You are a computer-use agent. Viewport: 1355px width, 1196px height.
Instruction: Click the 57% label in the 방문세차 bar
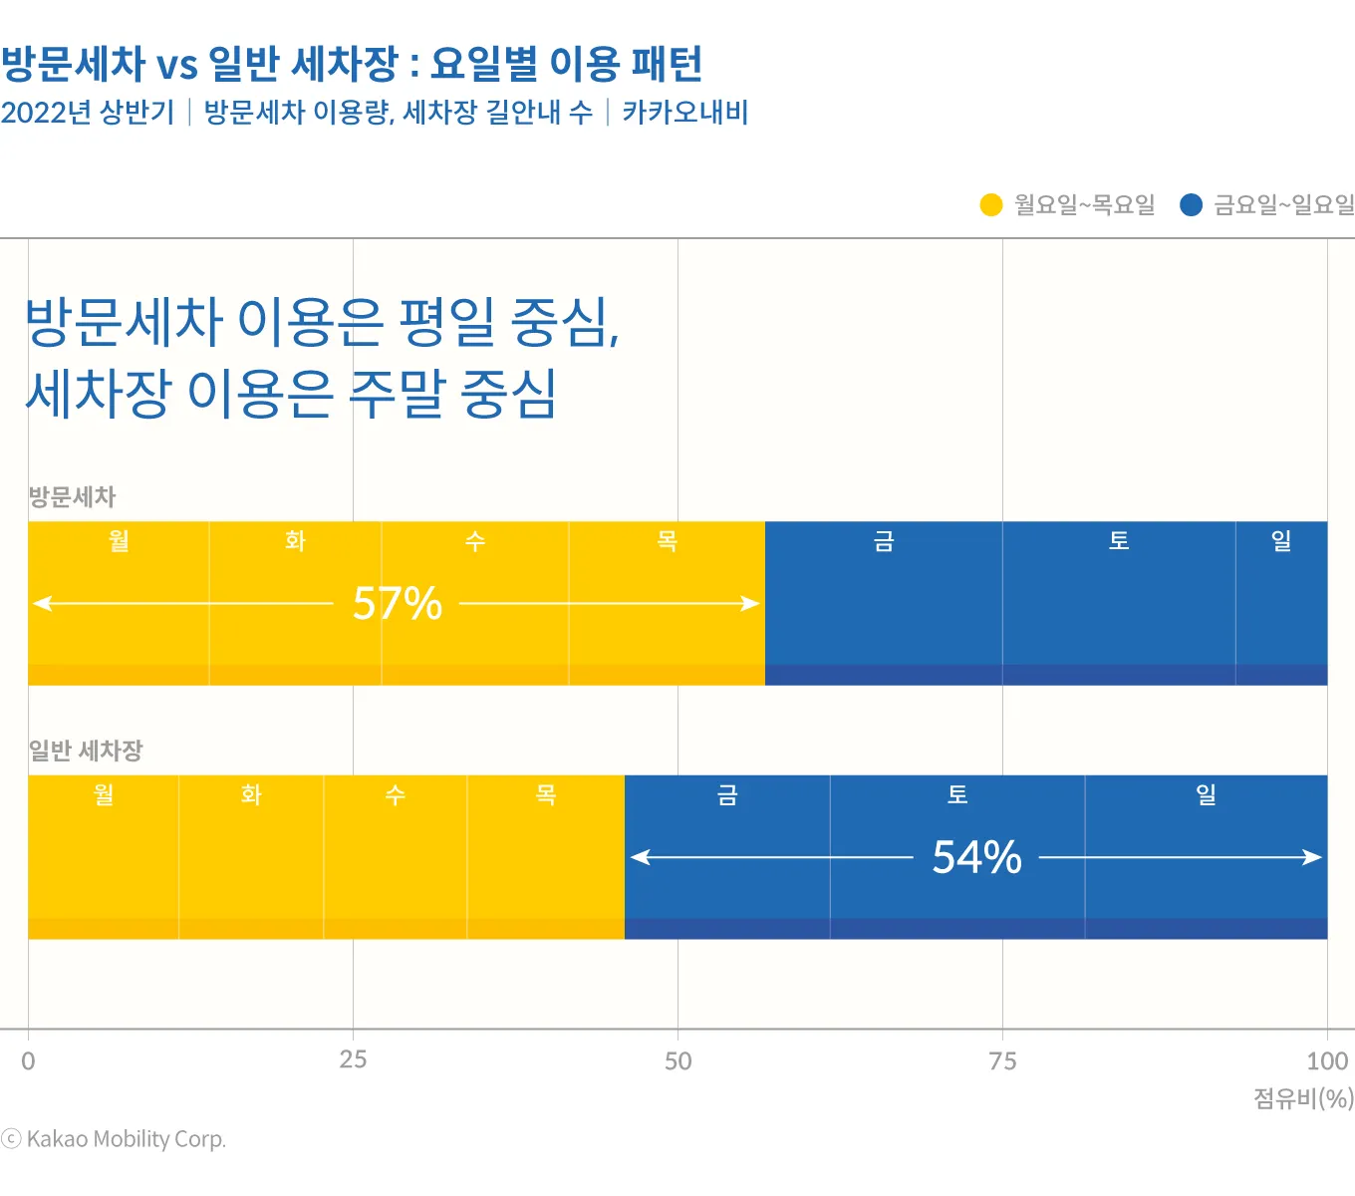(398, 603)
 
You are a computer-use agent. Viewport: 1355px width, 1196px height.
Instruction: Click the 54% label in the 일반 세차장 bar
(976, 857)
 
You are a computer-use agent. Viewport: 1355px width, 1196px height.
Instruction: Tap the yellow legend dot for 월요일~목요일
(990, 205)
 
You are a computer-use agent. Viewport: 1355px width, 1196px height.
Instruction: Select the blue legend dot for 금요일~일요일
(1191, 205)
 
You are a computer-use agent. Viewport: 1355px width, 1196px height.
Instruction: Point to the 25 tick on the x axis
(353, 1059)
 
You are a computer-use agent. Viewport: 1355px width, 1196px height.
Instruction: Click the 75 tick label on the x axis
(1002, 1060)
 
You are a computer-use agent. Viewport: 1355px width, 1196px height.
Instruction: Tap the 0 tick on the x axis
(28, 1060)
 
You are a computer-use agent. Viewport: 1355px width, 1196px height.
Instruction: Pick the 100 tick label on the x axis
(1327, 1060)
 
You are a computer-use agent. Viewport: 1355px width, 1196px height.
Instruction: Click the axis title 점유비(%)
(1303, 1098)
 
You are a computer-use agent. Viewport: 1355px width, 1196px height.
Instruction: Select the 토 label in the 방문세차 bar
(1119, 541)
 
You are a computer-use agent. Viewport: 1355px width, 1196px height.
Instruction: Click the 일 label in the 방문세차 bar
(1281, 541)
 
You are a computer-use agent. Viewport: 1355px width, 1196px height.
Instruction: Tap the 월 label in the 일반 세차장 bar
(104, 794)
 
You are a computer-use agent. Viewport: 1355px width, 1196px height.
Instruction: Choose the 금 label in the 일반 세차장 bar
(727, 794)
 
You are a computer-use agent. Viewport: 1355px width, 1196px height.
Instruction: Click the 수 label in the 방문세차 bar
(475, 541)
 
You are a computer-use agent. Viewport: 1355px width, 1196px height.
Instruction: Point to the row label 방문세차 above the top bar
(72, 496)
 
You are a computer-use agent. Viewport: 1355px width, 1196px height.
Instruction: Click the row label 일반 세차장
(86, 750)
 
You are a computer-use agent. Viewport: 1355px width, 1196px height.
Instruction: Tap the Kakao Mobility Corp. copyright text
(126, 1139)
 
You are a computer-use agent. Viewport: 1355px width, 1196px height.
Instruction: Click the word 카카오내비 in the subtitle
(685, 112)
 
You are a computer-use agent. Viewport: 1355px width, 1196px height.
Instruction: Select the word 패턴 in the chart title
(667, 64)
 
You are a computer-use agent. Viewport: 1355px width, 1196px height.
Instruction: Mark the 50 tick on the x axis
(677, 1060)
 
